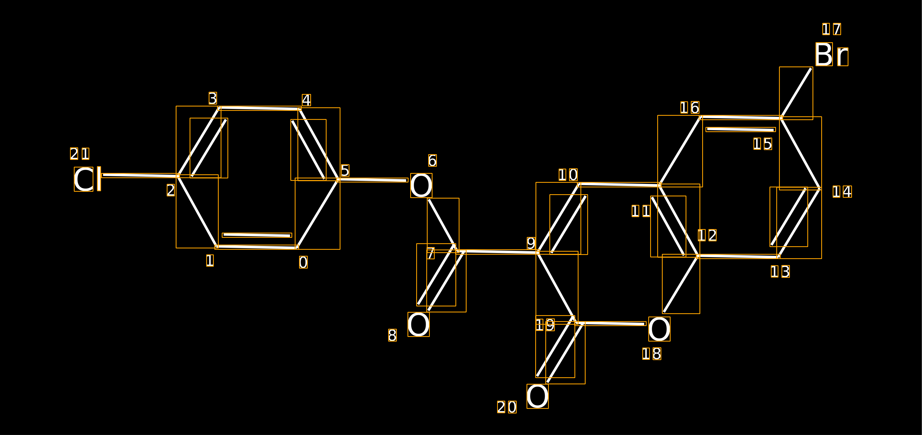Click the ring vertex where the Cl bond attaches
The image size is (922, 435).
point(178,176)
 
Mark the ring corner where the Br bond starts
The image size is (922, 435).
point(781,118)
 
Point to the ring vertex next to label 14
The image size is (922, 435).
point(820,188)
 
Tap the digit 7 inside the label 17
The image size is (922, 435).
point(837,29)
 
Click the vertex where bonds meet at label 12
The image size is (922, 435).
point(698,256)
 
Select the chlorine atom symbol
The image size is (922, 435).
point(87,179)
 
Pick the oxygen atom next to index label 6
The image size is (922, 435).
point(421,185)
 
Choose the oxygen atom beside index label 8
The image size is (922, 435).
point(419,324)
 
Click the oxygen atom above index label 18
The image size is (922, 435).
point(659,329)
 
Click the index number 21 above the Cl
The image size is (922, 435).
point(80,154)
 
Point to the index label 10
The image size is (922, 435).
point(568,175)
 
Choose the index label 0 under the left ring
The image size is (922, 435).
point(303,262)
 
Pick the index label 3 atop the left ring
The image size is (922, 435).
point(213,98)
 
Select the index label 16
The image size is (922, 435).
point(690,107)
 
